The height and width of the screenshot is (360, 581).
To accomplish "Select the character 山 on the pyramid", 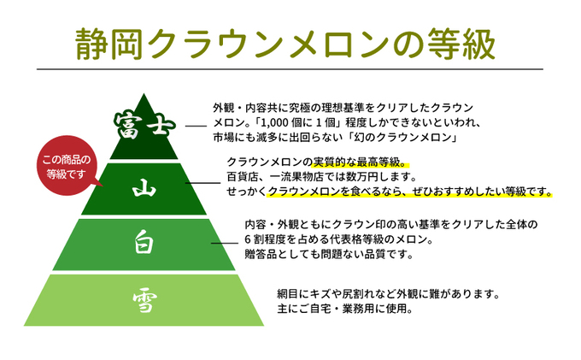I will point(144,189).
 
